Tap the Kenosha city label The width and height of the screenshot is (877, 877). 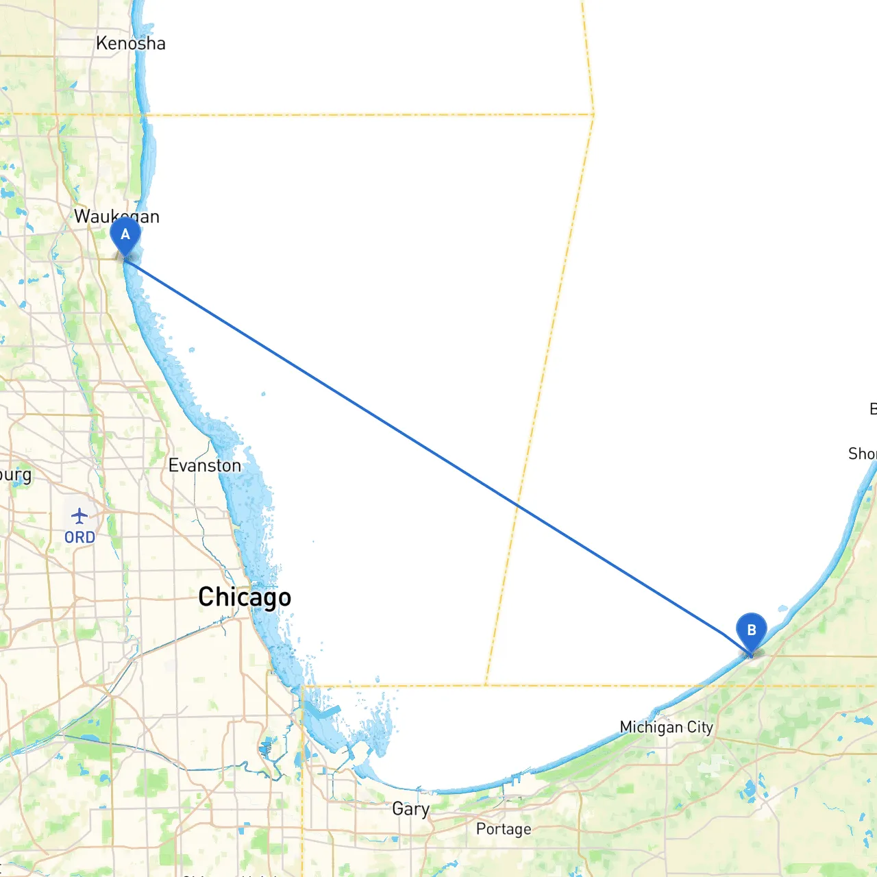131,43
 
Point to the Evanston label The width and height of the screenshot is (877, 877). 205,466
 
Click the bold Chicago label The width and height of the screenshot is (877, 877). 245,597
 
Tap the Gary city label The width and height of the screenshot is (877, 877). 411,809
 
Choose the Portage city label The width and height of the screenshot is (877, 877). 504,829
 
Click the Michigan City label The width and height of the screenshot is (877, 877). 666,727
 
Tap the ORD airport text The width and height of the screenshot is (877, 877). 80,538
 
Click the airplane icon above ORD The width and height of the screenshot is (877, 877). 79,516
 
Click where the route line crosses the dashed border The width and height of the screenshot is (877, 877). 518,504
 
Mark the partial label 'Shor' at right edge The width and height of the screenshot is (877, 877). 862,454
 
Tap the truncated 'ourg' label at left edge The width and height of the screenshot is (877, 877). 15,475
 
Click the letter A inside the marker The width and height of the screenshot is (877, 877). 125,234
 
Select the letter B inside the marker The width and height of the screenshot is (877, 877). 752,630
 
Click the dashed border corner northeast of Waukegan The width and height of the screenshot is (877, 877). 593,114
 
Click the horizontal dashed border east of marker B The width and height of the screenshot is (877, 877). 822,685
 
